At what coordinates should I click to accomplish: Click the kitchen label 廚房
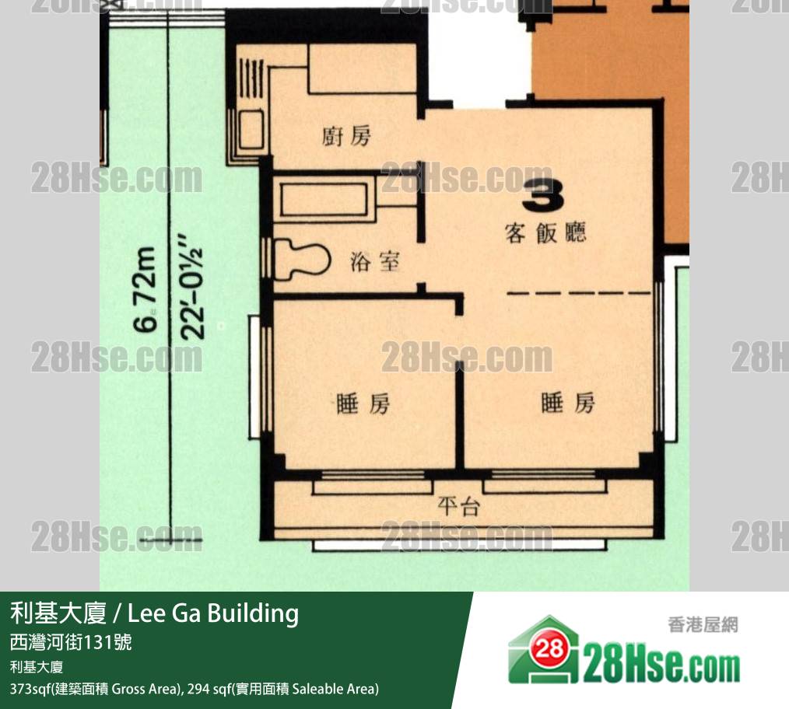point(346,136)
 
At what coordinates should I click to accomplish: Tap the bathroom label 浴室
point(375,262)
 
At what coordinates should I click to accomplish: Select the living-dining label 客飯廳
point(545,232)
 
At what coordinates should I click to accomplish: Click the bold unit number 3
point(542,195)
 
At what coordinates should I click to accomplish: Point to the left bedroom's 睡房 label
point(363,403)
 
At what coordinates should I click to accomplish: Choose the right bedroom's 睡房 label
point(568,403)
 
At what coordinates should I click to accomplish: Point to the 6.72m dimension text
point(146,290)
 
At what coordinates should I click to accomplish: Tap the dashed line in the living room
point(579,292)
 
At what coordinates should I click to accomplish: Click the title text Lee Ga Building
point(213,613)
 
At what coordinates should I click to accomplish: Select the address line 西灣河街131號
point(71,642)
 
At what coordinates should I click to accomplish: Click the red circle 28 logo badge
point(549,650)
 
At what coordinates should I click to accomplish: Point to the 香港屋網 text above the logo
point(703,625)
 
